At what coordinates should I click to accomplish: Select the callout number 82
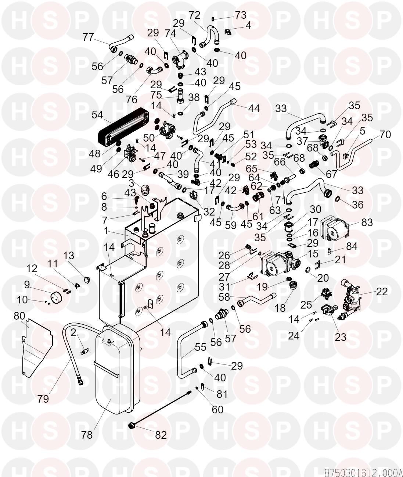coord(161,435)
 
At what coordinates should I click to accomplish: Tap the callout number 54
coord(97,114)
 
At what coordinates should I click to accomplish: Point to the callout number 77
coord(88,37)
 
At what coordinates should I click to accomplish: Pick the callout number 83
coord(367,223)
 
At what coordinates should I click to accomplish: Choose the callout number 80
coord(19,316)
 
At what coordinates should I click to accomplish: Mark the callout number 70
coord(385,135)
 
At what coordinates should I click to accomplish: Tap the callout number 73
coord(241,15)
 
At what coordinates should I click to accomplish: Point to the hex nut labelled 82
coord(132,426)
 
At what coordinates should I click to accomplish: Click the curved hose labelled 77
coord(119,42)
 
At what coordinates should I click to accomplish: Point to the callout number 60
coord(218,409)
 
